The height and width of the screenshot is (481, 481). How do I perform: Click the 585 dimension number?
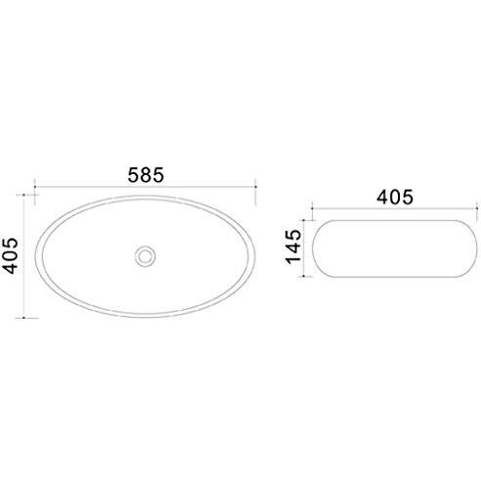click(146, 175)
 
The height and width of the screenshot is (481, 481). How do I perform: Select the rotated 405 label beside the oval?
click(10, 255)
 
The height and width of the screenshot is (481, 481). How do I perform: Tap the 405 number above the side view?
click(395, 197)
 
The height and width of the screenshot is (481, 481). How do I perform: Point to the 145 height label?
click(293, 246)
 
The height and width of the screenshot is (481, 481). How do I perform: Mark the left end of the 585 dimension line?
click(35, 187)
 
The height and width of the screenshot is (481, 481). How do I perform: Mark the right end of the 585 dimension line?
click(255, 187)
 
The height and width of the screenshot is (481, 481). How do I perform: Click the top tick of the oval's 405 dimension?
click(23, 195)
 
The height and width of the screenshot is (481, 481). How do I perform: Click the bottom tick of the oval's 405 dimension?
click(23, 318)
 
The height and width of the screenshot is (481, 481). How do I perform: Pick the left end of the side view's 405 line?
click(312, 208)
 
